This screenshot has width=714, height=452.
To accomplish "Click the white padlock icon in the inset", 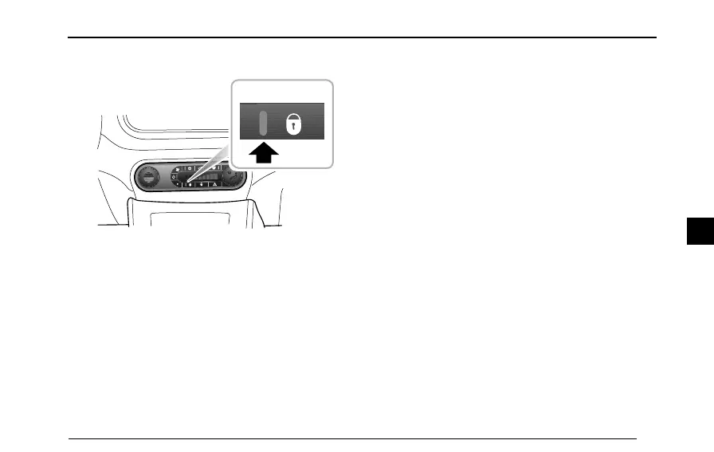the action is [294, 124].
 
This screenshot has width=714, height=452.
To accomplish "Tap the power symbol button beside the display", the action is [174, 176].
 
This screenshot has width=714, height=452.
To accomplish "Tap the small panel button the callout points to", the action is [190, 184].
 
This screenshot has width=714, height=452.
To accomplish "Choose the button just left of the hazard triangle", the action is [202, 184].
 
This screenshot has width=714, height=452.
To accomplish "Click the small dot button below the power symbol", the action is [176, 184].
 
